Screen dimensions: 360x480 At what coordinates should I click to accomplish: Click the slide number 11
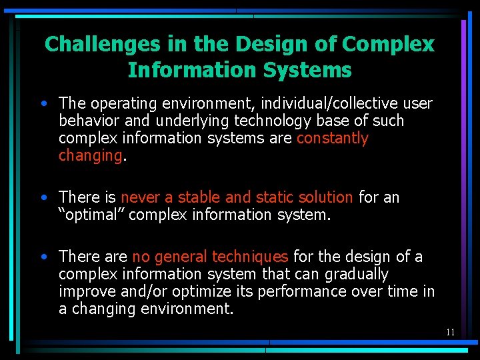click(451, 332)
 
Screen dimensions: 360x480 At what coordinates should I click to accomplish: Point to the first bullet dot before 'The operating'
click(43, 104)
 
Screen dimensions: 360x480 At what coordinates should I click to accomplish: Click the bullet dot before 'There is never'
click(43, 197)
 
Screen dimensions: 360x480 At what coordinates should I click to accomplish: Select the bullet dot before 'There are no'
click(43, 257)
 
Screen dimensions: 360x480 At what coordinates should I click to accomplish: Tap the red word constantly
click(332, 138)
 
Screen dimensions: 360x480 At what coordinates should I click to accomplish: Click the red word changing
click(90, 155)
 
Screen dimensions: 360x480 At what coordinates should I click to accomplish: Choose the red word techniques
click(250, 257)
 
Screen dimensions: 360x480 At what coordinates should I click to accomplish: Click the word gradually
click(355, 274)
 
